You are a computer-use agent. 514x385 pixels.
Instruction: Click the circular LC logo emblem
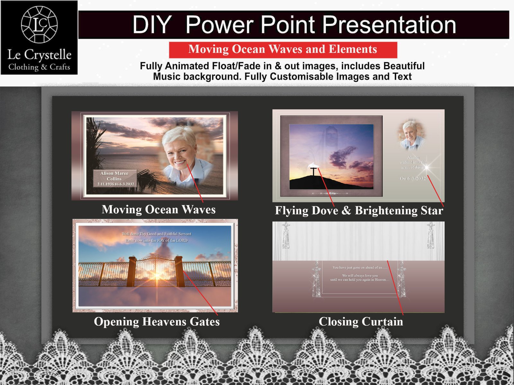39,25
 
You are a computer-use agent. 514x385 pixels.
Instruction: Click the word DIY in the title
152,25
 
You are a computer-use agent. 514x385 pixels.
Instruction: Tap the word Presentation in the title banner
389,25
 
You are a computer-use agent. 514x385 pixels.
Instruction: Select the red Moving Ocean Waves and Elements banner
283,49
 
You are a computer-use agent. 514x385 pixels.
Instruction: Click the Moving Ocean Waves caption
159,210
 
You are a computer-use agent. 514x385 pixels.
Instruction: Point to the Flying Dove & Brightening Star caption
359,210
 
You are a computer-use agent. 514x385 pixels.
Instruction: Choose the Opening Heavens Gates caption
157,321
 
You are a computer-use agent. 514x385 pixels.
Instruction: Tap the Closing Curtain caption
361,321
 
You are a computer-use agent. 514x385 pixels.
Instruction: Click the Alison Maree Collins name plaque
115,178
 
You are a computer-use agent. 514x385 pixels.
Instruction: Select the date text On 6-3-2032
413,178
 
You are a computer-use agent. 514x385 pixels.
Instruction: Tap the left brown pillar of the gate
132,271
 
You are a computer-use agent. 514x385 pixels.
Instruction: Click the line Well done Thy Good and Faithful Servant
156,234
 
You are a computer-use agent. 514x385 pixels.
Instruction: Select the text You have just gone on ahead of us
360,267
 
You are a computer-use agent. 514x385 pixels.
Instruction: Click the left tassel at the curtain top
286,236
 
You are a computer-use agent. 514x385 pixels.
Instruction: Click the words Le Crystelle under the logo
39,55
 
